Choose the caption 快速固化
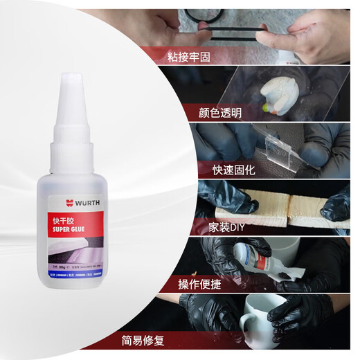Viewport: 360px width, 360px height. (224, 169)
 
